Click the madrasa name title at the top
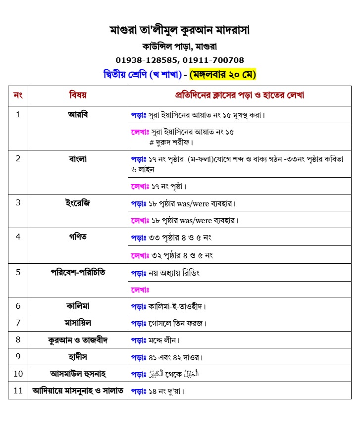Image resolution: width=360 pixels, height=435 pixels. pyautogui.click(x=179, y=30)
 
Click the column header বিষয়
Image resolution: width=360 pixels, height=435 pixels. pyautogui.click(x=78, y=95)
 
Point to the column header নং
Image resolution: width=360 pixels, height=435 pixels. pyautogui.click(x=18, y=95)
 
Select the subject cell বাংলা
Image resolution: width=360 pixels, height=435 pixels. pyautogui.click(x=78, y=159)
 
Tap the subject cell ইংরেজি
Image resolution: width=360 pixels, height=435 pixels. pyautogui.click(x=78, y=203)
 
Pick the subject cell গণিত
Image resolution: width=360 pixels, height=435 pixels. pyautogui.click(x=78, y=237)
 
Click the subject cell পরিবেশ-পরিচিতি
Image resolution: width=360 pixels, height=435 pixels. pyautogui.click(x=78, y=272)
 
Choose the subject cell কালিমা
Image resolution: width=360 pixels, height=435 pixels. pyautogui.click(x=78, y=305)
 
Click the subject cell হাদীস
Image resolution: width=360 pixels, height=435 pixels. pyautogui.click(x=78, y=356)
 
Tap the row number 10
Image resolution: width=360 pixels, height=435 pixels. pyautogui.click(x=18, y=374)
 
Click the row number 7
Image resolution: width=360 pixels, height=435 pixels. pyautogui.click(x=18, y=323)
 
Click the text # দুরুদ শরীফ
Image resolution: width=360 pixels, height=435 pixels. pyautogui.click(x=171, y=142)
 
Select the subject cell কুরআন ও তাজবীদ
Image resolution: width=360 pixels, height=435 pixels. pyautogui.click(x=78, y=340)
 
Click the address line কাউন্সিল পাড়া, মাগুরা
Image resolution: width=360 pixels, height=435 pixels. pyautogui.click(x=179, y=47)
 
